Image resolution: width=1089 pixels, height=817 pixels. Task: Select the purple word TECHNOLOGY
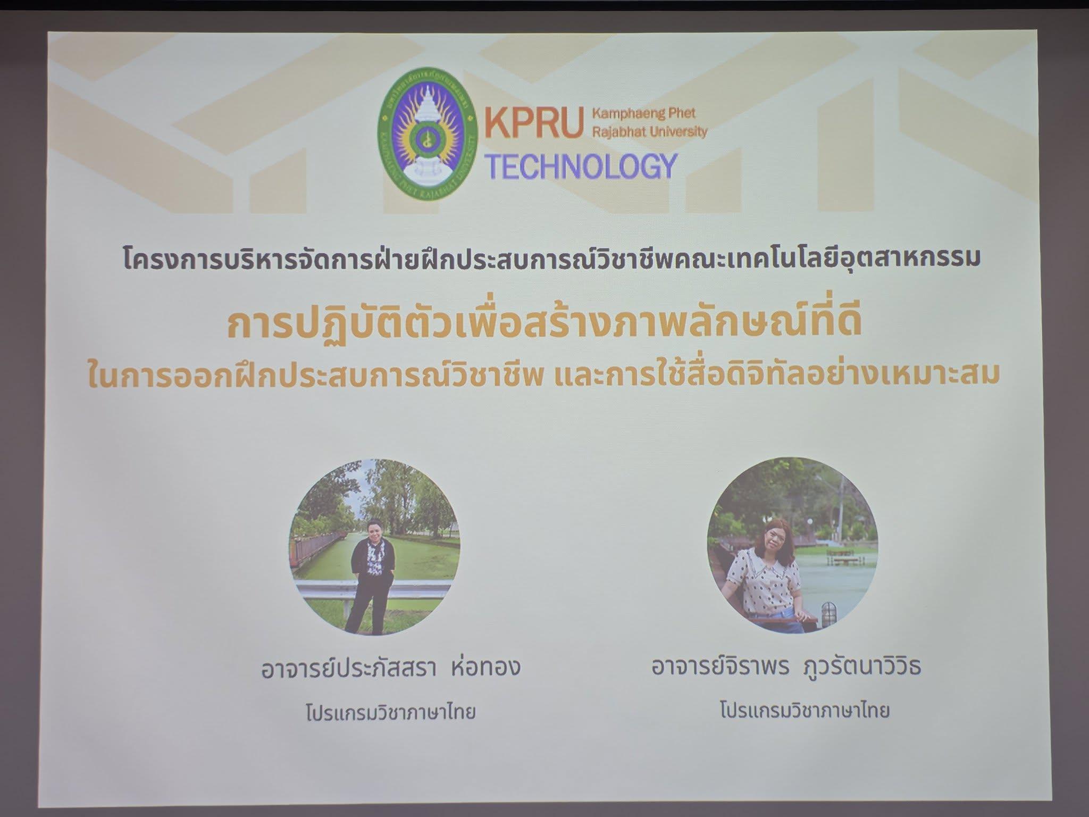point(582,166)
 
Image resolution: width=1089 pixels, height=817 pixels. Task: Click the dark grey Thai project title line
point(550,259)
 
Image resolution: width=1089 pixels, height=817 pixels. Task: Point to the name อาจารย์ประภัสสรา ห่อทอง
point(390,668)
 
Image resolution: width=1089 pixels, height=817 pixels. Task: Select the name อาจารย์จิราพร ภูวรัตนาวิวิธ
point(786,666)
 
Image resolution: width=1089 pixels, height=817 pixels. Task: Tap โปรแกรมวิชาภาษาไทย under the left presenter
point(390,712)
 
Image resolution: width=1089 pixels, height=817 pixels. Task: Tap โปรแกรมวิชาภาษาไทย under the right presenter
point(805,711)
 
